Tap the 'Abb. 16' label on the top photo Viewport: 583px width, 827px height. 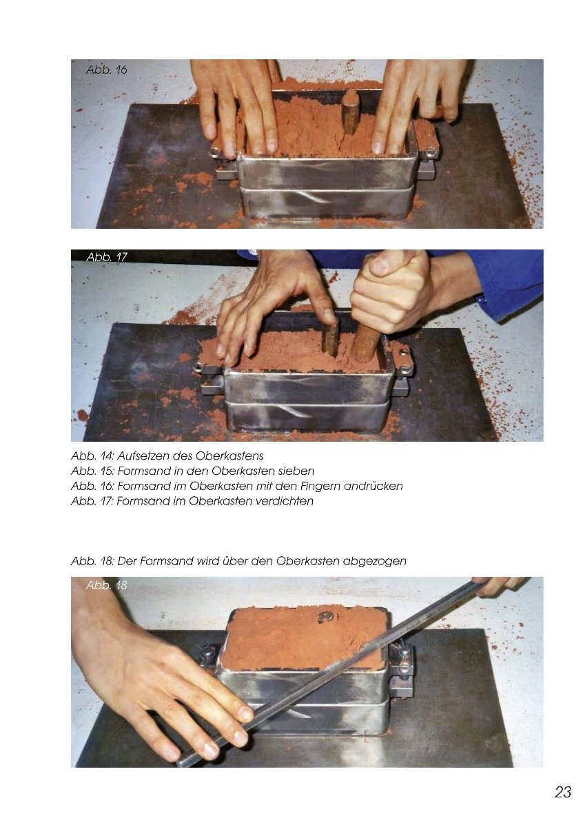point(106,70)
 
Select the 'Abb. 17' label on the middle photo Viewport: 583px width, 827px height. point(107,257)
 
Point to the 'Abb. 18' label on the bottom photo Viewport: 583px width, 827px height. point(106,585)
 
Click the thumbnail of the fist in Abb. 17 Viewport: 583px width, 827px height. point(378,265)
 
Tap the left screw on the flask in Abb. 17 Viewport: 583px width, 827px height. point(199,367)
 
